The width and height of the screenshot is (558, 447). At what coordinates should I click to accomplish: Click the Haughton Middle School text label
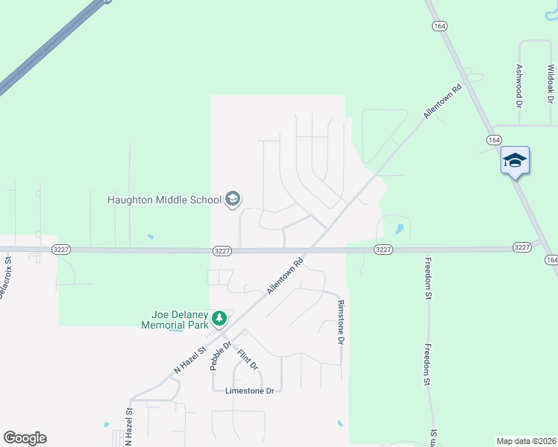165,200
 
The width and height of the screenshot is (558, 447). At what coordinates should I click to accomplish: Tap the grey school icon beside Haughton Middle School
233,199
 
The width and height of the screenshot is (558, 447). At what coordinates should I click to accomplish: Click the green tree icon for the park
219,319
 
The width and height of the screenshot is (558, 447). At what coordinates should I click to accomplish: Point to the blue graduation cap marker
515,161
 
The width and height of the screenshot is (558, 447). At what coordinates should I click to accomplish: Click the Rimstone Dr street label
340,322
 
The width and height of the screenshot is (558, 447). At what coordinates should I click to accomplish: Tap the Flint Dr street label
248,360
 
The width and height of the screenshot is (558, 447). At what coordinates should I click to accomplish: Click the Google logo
25,438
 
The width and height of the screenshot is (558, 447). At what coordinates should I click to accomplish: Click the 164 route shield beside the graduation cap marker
494,140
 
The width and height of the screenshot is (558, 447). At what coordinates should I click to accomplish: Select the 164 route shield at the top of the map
439,26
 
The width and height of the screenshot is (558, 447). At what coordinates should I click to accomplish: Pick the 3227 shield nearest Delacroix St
61,250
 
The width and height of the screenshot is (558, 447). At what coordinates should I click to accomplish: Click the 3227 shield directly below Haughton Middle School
221,250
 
